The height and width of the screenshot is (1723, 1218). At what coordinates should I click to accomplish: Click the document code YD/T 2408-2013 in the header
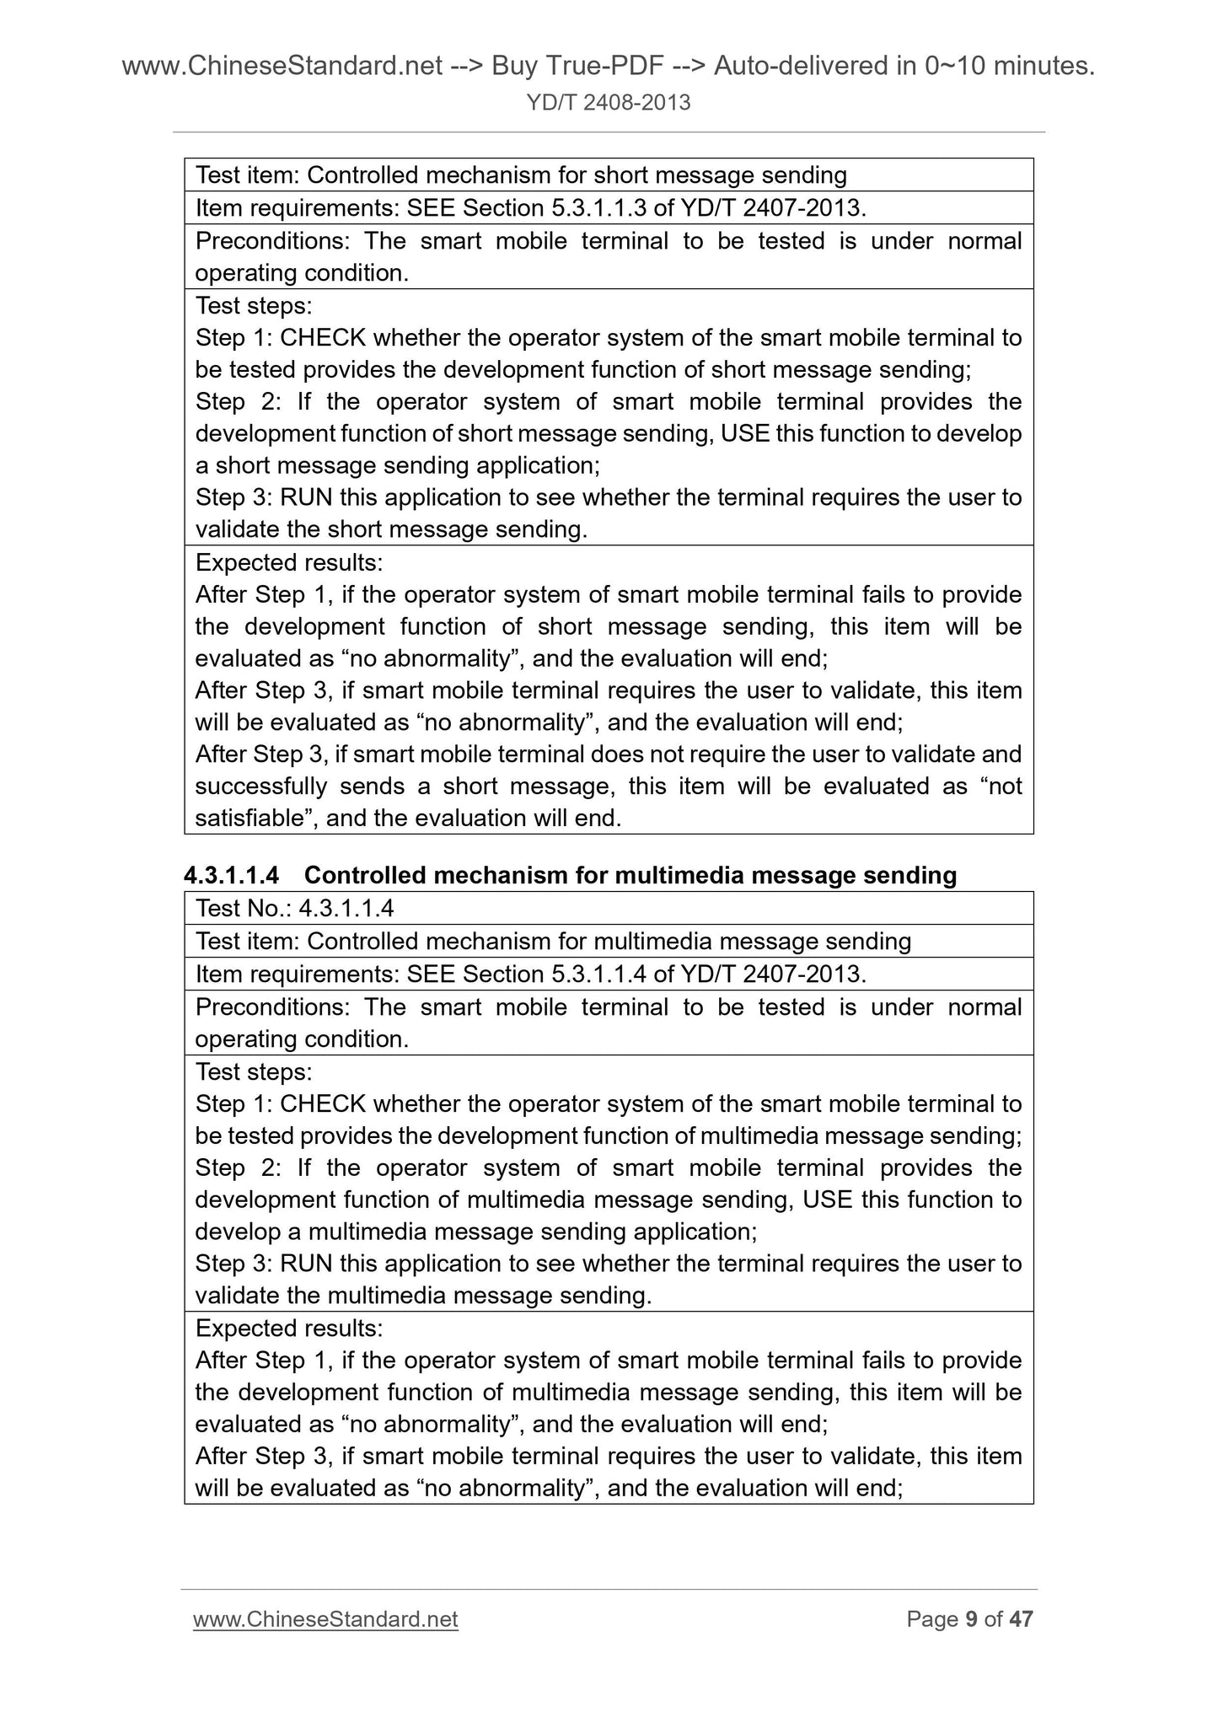point(608,103)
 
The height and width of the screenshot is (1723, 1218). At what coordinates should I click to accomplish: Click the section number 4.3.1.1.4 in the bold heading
point(231,876)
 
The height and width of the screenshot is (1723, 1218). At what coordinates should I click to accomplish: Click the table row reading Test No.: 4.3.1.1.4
point(295,909)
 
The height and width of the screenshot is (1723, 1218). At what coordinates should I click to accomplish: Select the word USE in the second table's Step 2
point(828,1200)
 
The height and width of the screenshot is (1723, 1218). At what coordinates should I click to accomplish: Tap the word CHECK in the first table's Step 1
point(322,338)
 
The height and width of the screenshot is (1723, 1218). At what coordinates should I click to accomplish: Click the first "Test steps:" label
point(253,305)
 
